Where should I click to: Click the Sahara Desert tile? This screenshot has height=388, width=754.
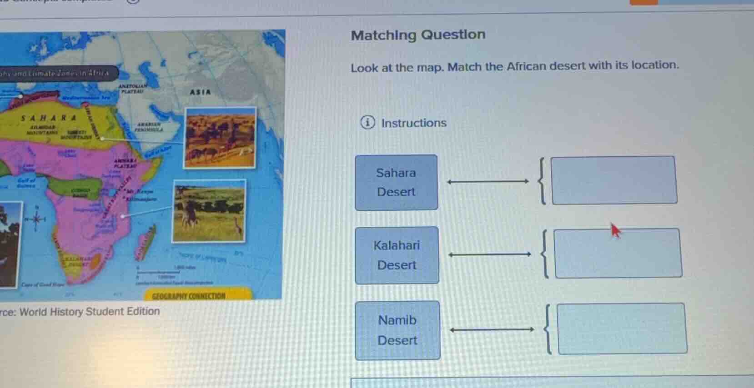396,182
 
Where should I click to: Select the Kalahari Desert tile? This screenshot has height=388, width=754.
397,255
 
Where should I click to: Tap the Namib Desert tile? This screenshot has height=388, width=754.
397,330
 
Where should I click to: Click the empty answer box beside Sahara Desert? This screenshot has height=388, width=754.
614,180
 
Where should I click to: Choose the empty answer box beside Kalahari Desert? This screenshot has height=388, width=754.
618,254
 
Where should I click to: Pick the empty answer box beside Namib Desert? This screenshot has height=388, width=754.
621,328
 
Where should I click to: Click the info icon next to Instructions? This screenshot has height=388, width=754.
367,123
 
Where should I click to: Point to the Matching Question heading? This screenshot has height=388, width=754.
418,35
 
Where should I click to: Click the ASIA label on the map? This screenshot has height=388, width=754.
200,92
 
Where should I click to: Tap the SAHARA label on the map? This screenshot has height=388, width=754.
49,118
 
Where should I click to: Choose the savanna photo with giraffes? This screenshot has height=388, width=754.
209,210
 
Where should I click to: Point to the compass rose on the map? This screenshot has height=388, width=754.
36,219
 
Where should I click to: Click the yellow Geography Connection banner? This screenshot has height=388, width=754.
197,295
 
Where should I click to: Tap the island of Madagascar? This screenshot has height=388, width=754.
147,240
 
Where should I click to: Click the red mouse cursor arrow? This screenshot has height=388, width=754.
615,230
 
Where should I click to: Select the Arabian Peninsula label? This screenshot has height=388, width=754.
149,126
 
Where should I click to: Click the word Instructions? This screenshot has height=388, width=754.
413,123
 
